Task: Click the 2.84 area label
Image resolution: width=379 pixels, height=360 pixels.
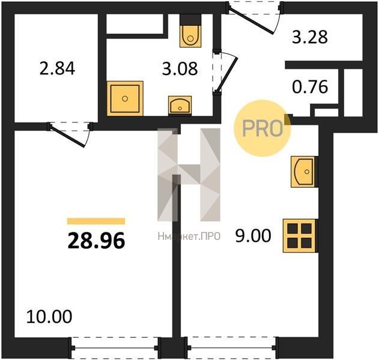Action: [x=57, y=68]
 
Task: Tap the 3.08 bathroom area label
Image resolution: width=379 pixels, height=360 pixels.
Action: [x=180, y=68]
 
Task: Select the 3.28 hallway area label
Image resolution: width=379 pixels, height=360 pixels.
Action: [x=310, y=37]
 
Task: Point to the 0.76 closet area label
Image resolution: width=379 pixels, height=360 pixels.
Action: [x=310, y=86]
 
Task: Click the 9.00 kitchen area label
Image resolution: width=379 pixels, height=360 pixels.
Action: [x=253, y=236]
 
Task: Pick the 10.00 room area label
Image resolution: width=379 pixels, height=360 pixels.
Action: [x=49, y=317]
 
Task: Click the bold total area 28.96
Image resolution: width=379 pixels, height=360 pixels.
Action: [x=96, y=241]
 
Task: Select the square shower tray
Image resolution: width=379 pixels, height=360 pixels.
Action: [x=125, y=98]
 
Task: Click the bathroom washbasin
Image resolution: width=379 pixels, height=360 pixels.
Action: [x=180, y=106]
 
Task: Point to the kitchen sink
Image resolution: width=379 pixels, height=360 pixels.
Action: [x=304, y=172]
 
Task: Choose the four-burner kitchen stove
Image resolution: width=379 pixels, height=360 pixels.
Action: [x=300, y=236]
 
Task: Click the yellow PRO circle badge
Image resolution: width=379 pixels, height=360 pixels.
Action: [x=262, y=128]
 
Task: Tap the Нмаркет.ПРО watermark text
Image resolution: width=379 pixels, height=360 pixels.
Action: [x=189, y=236]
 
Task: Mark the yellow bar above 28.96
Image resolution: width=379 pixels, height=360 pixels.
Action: [x=96, y=221]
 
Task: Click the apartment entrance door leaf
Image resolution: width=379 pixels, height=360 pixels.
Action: [x=251, y=20]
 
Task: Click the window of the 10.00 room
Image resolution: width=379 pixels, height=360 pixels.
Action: [x=115, y=348]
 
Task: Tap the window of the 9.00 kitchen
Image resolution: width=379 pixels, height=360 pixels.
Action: [x=232, y=348]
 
